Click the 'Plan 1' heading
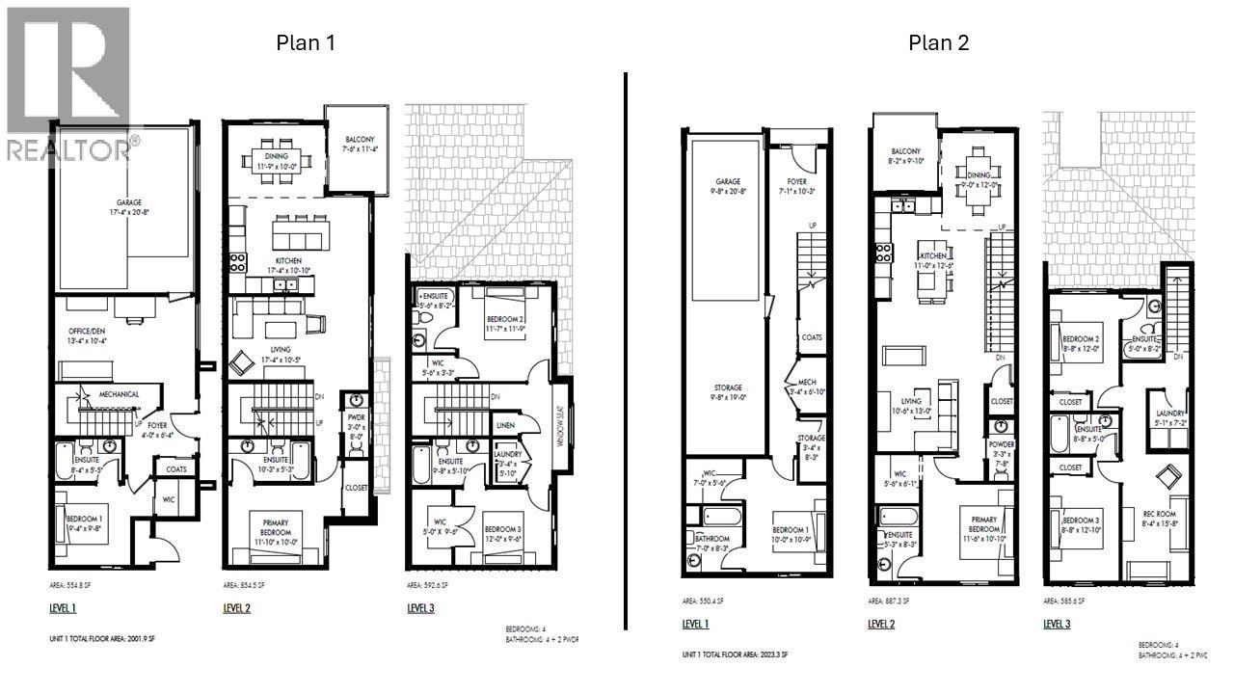(306, 42)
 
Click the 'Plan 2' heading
(938, 42)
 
